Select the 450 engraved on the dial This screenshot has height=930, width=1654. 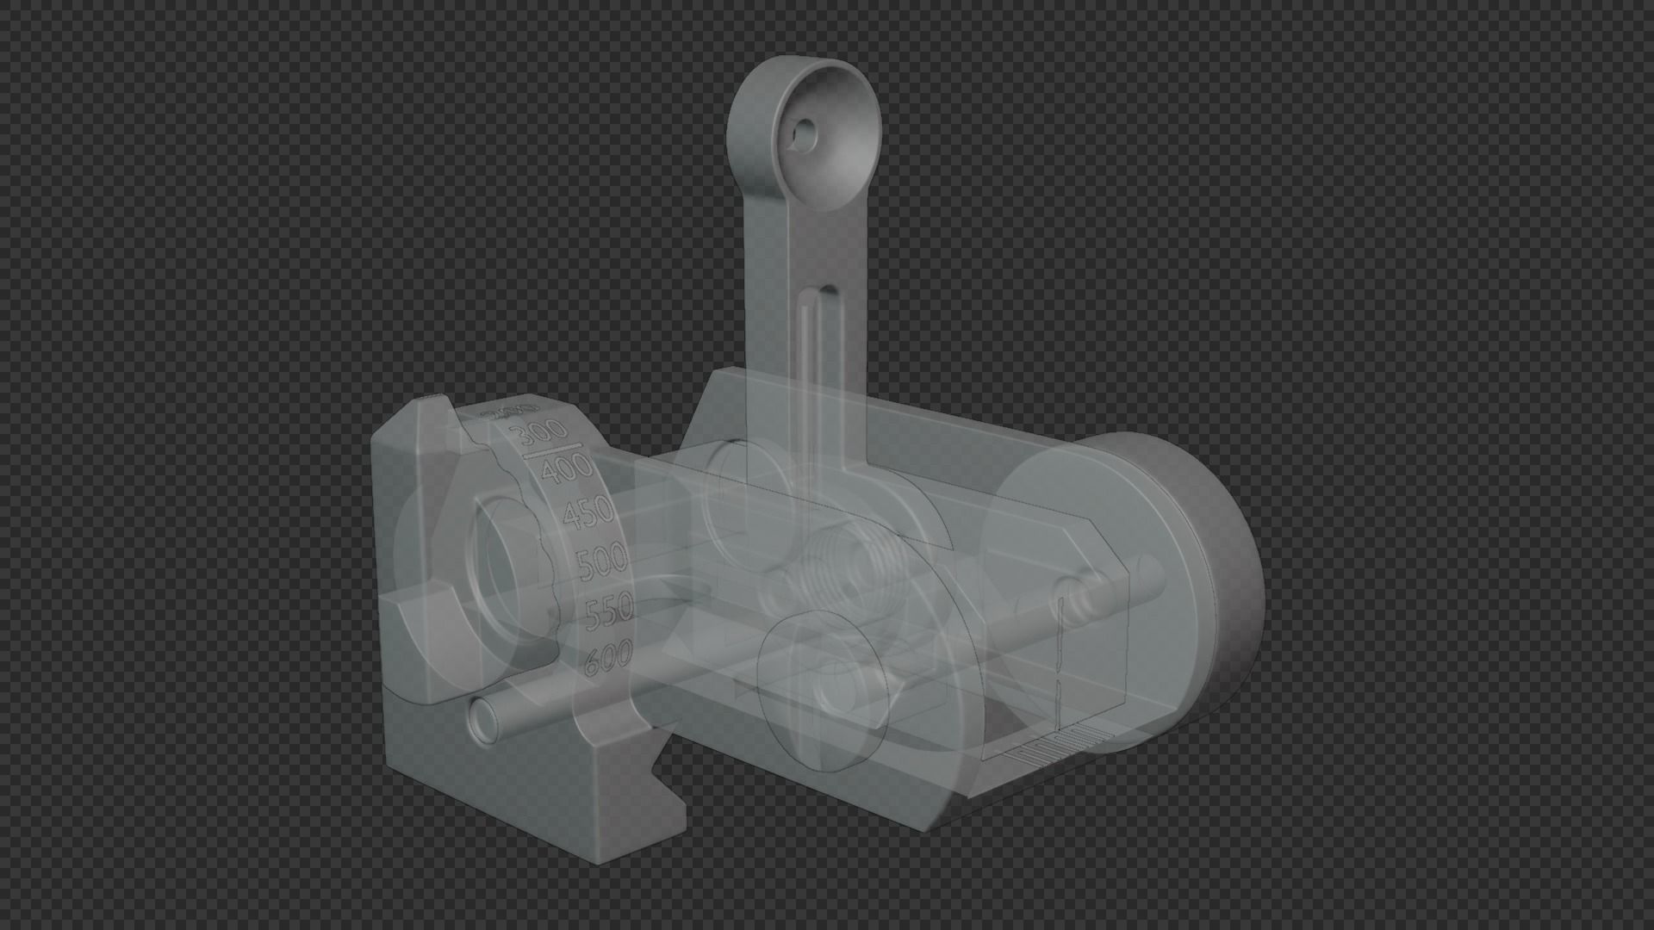click(588, 513)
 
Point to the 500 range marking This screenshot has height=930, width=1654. click(602, 563)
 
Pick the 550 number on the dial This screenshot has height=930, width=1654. click(610, 612)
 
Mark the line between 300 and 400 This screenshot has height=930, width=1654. click(551, 450)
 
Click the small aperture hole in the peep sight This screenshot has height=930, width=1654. click(805, 132)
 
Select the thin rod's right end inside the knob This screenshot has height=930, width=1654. click(1150, 573)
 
